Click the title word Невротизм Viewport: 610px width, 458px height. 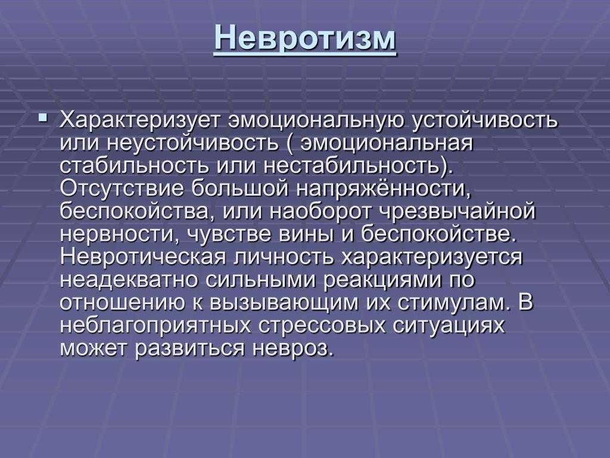click(305, 38)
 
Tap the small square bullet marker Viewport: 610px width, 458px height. click(43, 117)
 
